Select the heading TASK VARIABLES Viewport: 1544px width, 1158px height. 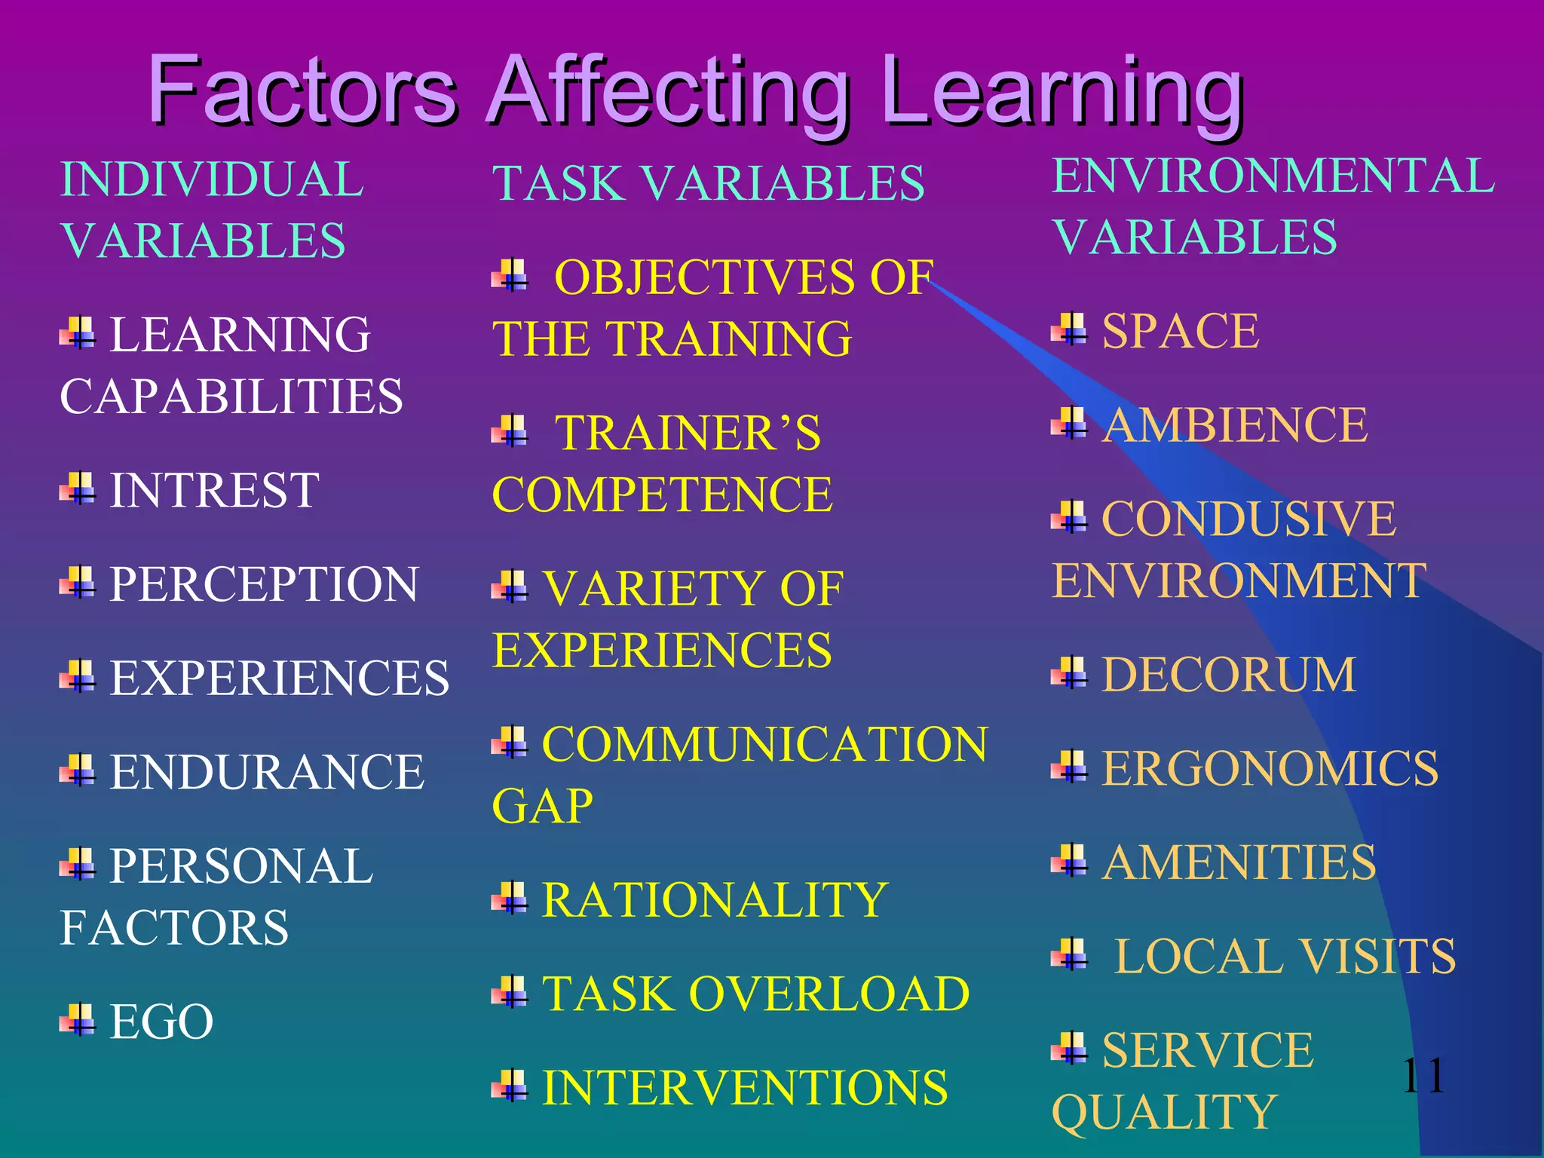708,183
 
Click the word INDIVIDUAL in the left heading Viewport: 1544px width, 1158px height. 212,179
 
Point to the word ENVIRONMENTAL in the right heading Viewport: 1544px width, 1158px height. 1273,176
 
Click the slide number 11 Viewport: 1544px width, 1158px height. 1423,1075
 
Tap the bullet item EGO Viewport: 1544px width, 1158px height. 161,1022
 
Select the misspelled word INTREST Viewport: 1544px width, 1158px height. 214,490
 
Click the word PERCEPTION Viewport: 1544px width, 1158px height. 264,584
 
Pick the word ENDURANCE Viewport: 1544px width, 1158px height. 267,772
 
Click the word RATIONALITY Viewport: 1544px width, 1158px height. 715,899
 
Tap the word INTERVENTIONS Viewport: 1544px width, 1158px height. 745,1087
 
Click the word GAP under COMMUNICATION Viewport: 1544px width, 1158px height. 542,806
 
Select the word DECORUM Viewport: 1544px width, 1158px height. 1228,674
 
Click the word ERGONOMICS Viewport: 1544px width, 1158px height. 1270,768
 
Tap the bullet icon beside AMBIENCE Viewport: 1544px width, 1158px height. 1069,423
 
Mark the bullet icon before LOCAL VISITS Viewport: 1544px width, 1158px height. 1069,954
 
